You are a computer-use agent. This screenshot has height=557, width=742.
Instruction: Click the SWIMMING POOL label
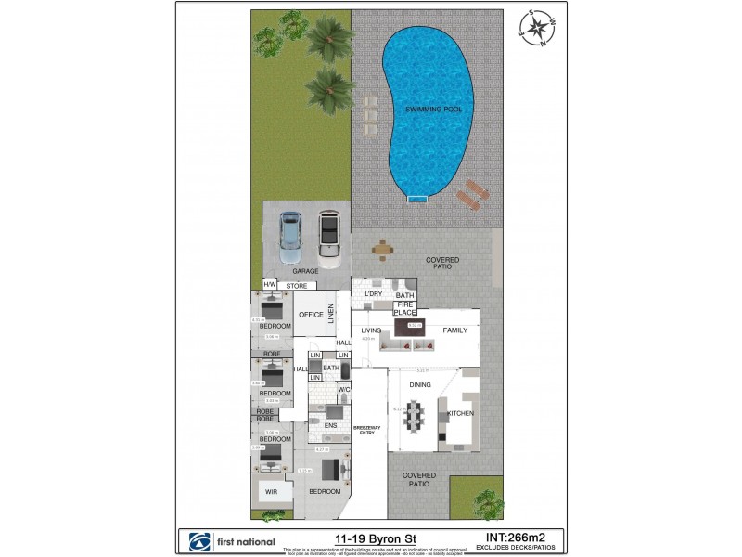point(434,110)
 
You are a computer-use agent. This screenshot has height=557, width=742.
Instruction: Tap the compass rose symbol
point(536,29)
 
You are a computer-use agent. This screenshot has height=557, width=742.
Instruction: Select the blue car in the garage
point(290,236)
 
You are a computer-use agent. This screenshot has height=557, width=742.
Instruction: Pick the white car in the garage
point(328,236)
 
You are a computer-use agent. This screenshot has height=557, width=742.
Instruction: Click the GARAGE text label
point(306,271)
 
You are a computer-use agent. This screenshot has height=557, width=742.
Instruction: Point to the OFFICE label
point(311,315)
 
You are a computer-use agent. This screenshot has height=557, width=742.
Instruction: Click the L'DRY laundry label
point(374,294)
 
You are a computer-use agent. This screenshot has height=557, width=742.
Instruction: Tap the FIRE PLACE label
point(404,308)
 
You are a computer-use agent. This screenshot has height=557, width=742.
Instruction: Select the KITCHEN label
point(461,412)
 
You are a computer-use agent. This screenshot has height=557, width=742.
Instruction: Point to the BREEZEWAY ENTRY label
point(365,429)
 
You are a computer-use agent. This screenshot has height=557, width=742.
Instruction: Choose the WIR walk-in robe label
point(272,491)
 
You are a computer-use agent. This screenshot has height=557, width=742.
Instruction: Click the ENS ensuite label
point(329,426)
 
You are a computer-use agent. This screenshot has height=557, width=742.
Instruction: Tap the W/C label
point(342,389)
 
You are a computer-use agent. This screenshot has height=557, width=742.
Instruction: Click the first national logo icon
point(196,541)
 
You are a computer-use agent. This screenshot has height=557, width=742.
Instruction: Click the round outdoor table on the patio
point(381,249)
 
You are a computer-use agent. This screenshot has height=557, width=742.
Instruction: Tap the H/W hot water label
point(270,285)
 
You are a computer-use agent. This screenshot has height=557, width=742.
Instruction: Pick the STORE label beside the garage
point(296,285)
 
